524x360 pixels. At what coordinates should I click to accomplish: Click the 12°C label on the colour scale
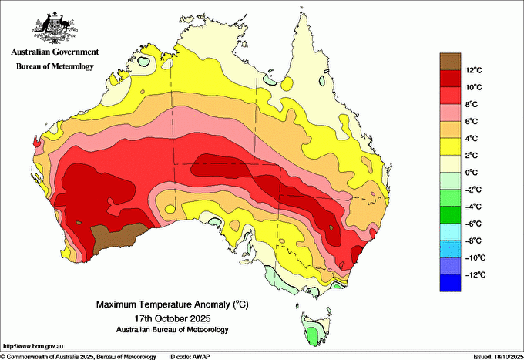[x=474, y=70]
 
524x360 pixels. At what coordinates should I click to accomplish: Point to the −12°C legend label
[x=474, y=274]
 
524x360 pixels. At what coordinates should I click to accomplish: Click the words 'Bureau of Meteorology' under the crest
[x=55, y=66]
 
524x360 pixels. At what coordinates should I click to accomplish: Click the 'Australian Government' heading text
[x=55, y=52]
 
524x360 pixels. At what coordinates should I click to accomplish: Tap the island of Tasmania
[x=311, y=328]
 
